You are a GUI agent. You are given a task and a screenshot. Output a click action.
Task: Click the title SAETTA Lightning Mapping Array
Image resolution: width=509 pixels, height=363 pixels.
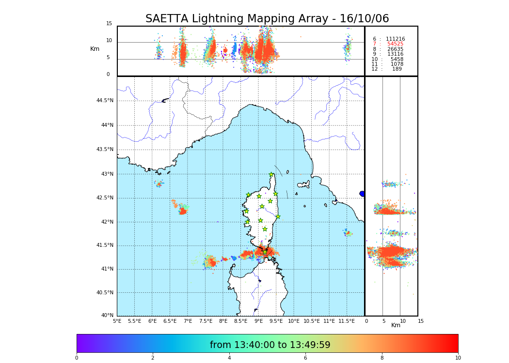click(267, 19)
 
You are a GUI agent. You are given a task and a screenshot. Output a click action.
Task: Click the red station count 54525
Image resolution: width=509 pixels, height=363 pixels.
click(395, 44)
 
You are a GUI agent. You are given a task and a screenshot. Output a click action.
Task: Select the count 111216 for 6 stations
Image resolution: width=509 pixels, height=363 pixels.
click(395, 39)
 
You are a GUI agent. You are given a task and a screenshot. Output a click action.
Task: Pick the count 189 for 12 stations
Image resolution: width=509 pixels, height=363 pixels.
click(397, 69)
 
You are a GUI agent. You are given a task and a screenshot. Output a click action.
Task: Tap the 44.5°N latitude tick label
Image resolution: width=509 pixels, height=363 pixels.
click(105, 101)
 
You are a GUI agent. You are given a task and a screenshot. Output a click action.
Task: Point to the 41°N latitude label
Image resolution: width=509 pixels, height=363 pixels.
click(106, 269)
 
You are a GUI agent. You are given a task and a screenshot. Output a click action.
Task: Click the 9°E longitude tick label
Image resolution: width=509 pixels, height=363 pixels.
click(258, 321)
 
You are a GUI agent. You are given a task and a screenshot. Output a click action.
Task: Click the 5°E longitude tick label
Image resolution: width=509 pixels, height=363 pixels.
click(117, 321)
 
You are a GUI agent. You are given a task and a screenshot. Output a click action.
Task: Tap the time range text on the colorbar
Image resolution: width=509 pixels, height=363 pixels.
click(270, 345)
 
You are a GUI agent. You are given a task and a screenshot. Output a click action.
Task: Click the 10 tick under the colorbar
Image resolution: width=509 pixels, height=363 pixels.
click(458, 358)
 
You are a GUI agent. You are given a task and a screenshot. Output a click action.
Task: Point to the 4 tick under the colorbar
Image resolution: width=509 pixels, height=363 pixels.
click(229, 358)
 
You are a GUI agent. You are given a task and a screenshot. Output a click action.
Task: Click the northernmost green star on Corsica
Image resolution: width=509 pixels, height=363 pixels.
click(271, 175)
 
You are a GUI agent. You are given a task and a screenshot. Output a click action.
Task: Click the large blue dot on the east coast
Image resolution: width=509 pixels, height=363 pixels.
click(362, 194)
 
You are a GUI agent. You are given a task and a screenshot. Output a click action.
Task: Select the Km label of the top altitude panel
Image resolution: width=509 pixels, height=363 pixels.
click(95, 49)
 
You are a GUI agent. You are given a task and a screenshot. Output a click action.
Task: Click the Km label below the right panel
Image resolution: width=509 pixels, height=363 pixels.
click(396, 325)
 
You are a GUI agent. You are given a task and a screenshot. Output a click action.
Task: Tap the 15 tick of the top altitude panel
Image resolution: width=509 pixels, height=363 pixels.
click(109, 24)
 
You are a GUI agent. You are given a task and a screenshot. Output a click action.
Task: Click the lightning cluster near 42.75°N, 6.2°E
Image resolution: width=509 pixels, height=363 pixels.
click(159, 183)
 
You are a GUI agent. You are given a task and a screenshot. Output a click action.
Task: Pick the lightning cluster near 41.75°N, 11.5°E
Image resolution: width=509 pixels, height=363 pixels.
click(348, 233)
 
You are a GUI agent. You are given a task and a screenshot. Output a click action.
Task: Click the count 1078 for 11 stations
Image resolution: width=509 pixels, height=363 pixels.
click(397, 64)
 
